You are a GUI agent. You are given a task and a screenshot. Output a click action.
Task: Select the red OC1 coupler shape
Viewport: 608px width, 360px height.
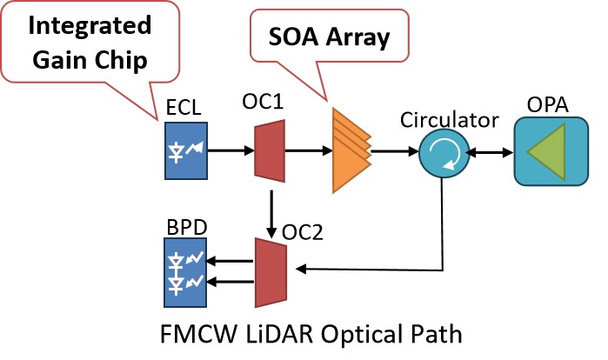[x=269, y=152]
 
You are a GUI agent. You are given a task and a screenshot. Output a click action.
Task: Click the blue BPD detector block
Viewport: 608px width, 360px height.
[x=185, y=273]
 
